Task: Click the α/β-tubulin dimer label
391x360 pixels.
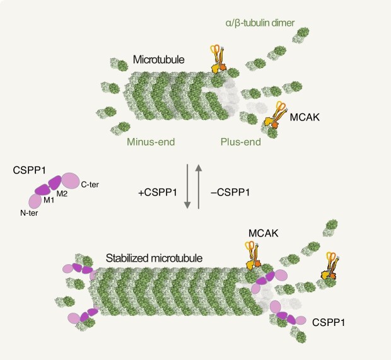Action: click(255, 25)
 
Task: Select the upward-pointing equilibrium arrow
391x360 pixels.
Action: click(199, 187)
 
